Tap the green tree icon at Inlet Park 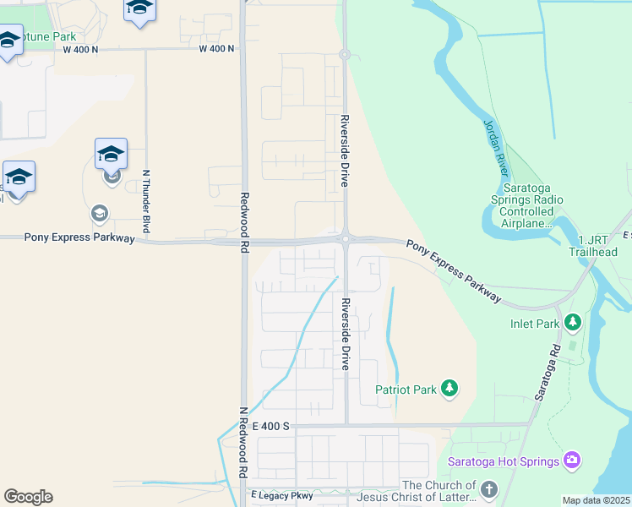573,322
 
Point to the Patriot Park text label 406,390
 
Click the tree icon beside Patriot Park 450,389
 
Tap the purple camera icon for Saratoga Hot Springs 572,461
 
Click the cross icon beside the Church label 489,490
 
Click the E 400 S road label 270,427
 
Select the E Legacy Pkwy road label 281,495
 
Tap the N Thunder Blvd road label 146,201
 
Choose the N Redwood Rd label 242,443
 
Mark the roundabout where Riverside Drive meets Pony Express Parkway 346,239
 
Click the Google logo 28,497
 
